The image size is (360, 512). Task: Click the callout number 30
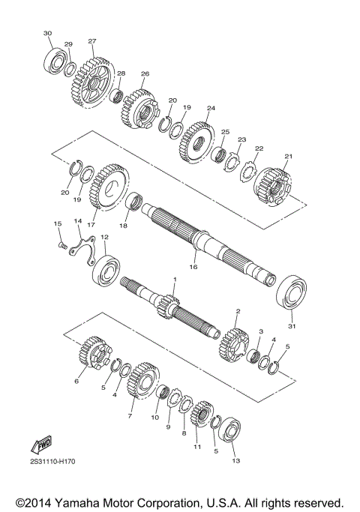[47, 34]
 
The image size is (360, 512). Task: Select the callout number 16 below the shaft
[193, 266]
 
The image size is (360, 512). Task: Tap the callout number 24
[211, 108]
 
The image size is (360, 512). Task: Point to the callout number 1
[174, 279]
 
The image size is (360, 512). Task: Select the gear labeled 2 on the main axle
[232, 343]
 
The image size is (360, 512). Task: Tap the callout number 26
[145, 74]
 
